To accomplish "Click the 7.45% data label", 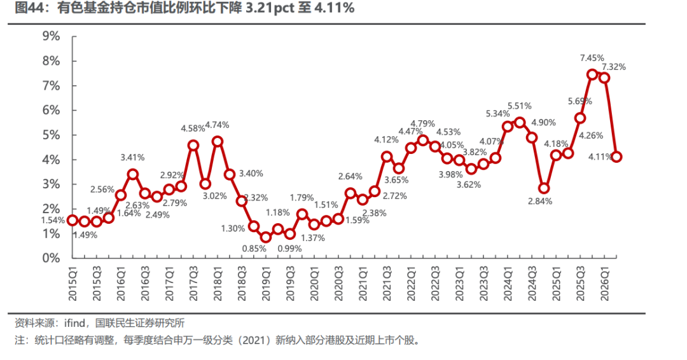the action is tap(592, 58).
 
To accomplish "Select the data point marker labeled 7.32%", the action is tap(604, 78).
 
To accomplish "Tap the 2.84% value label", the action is tap(540, 202).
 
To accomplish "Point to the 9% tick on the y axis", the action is tap(52, 36).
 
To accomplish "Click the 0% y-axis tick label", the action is tap(52, 258).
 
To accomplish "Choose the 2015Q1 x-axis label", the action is tap(73, 284).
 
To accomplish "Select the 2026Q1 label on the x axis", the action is tap(605, 284).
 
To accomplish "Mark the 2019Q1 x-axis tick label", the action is tap(266, 284).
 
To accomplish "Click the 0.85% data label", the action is tap(254, 249).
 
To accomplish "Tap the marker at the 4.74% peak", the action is tap(218, 141).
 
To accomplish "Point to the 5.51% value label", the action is tap(520, 106).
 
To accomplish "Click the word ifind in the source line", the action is tap(75, 323).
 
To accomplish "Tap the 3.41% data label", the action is tap(132, 157).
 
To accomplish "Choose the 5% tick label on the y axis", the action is tap(52, 135).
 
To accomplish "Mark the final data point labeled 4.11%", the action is tap(616, 157).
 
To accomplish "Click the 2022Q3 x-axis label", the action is tap(435, 284).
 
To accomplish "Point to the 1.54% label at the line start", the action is tap(53, 220).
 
